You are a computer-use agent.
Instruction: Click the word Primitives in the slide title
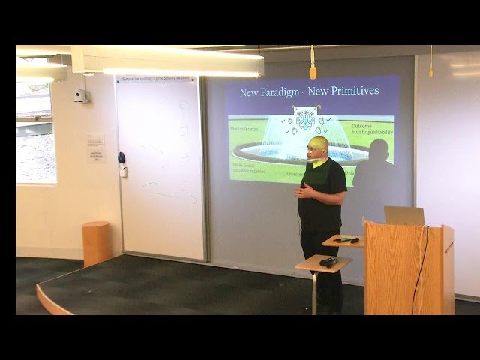pyautogui.click(x=354, y=91)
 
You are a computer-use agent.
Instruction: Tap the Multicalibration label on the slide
pyautogui.click(x=249, y=129)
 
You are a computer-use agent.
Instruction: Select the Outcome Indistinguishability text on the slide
pyautogui.click(x=372, y=129)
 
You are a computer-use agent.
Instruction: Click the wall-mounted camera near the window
pyautogui.click(x=80, y=95)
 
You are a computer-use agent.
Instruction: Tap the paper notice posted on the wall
pyautogui.click(x=95, y=142)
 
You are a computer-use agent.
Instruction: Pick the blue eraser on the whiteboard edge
pyautogui.click(x=121, y=157)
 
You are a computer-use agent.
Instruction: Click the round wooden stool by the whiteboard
pyautogui.click(x=97, y=242)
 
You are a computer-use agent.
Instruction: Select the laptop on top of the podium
pyautogui.click(x=404, y=216)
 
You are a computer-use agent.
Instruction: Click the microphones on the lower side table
pyautogui.click(x=328, y=262)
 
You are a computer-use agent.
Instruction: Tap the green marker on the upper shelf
pyautogui.click(x=346, y=239)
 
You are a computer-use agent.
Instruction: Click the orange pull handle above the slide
pyautogui.click(x=313, y=72)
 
